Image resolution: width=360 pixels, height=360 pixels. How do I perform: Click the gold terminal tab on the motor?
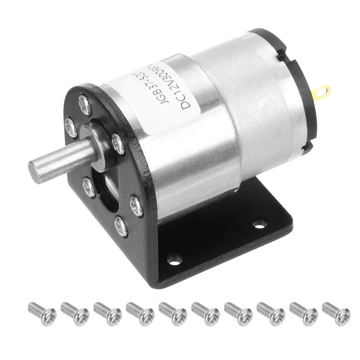pyautogui.click(x=322, y=92)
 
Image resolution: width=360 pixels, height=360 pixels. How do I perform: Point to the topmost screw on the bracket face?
pyautogui.click(x=85, y=105)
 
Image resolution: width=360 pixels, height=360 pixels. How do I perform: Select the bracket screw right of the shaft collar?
pyautogui.click(x=118, y=144)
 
